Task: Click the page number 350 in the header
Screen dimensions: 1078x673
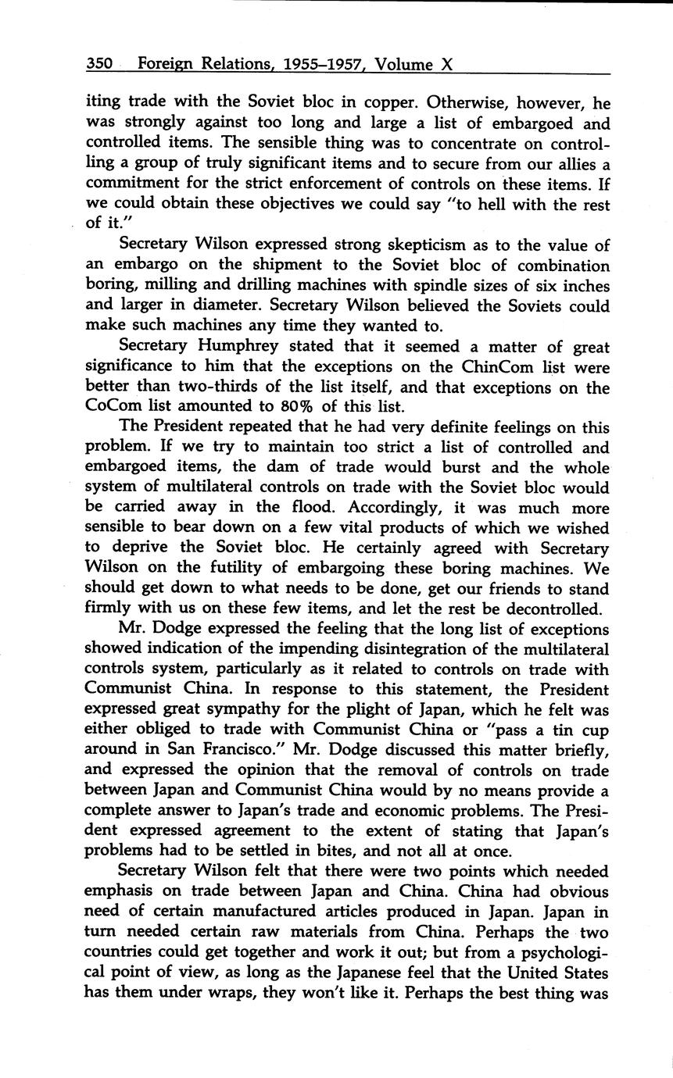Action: pos(101,64)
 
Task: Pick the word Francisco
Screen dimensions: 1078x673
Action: pos(227,751)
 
